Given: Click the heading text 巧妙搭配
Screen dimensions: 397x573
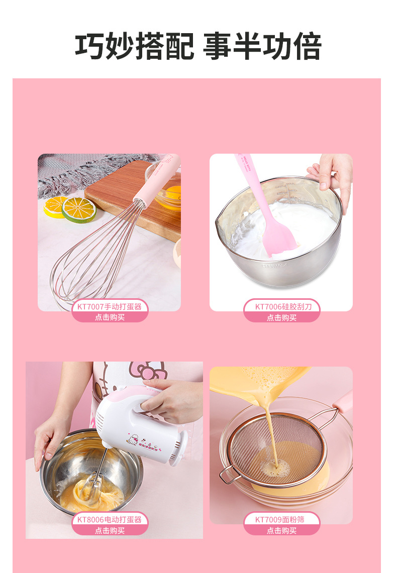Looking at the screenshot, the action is pyautogui.click(x=135, y=46).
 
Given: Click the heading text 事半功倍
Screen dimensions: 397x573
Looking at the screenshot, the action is pyautogui.click(x=262, y=46).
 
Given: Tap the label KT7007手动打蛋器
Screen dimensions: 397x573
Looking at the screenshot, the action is pyautogui.click(x=110, y=307).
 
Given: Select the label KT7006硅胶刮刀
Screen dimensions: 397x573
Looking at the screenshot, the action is pyautogui.click(x=283, y=307).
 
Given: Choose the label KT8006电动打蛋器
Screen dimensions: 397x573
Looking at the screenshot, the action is pyautogui.click(x=110, y=519).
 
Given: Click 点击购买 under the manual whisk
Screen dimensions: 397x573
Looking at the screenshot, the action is pyautogui.click(x=110, y=317).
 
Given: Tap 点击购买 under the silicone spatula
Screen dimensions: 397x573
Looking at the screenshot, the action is pyautogui.click(x=281, y=317).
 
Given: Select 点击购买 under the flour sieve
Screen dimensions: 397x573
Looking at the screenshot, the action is pyautogui.click(x=281, y=530).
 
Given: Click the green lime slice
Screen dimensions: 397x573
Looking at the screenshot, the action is pyautogui.click(x=79, y=210).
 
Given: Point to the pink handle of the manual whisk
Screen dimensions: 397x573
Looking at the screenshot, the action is pyautogui.click(x=158, y=180).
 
